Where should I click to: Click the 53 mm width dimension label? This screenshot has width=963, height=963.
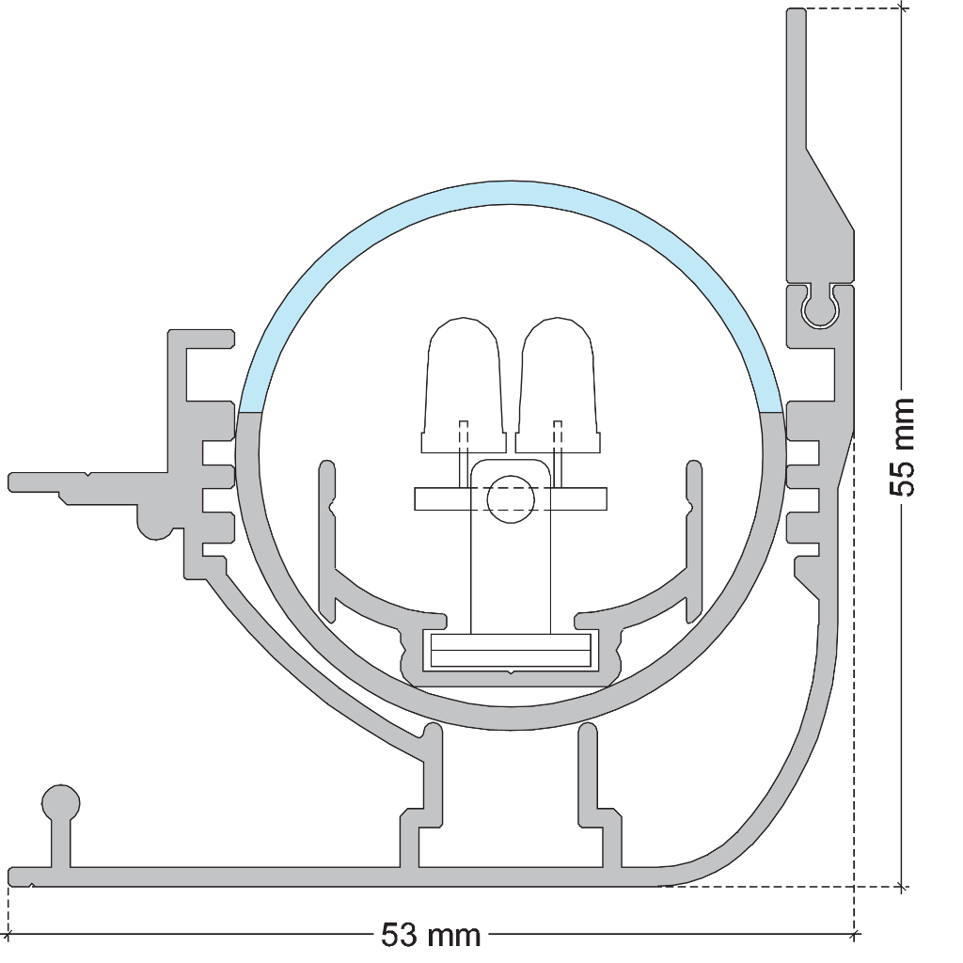click(x=431, y=936)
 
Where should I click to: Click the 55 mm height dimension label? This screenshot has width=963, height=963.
click(x=902, y=447)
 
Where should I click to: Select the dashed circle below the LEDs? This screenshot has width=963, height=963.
click(x=511, y=499)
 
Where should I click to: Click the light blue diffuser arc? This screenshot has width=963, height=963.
click(x=511, y=192)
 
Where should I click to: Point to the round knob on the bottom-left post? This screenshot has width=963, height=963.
click(x=61, y=803)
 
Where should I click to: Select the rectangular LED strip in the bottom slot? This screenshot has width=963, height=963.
click(x=511, y=651)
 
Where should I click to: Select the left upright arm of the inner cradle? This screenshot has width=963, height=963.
click(x=327, y=541)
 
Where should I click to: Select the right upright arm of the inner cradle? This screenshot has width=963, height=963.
click(x=694, y=541)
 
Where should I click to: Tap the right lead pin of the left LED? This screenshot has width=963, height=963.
click(x=464, y=454)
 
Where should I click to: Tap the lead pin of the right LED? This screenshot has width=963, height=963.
click(x=558, y=454)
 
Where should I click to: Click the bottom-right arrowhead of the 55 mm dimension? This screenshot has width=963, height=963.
click(x=902, y=886)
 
